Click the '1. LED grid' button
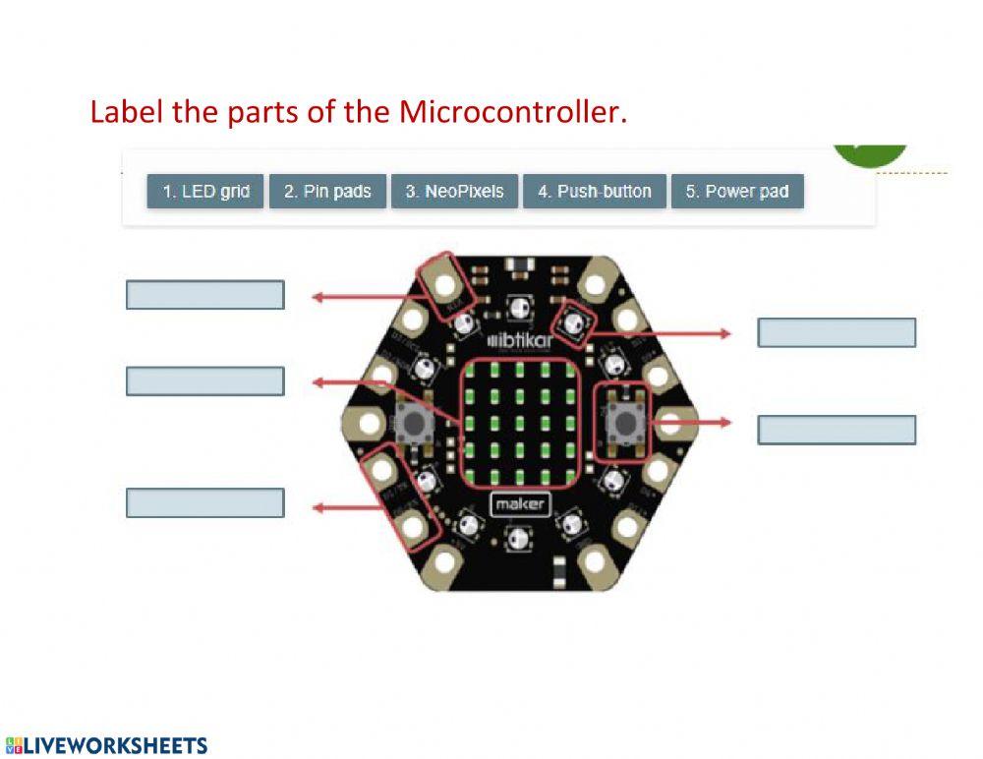tap(205, 192)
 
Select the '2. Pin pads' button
tap(327, 192)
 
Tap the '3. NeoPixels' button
tap(454, 192)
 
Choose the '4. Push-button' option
tap(594, 192)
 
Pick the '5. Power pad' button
tap(737, 192)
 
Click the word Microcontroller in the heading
tap(512, 112)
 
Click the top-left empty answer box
tap(204, 295)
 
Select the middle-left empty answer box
tap(204, 381)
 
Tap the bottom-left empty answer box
tap(204, 502)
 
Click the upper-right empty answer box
tap(837, 333)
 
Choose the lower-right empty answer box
tap(837, 430)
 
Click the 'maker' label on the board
tap(518, 505)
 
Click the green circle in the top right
tap(870, 153)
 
